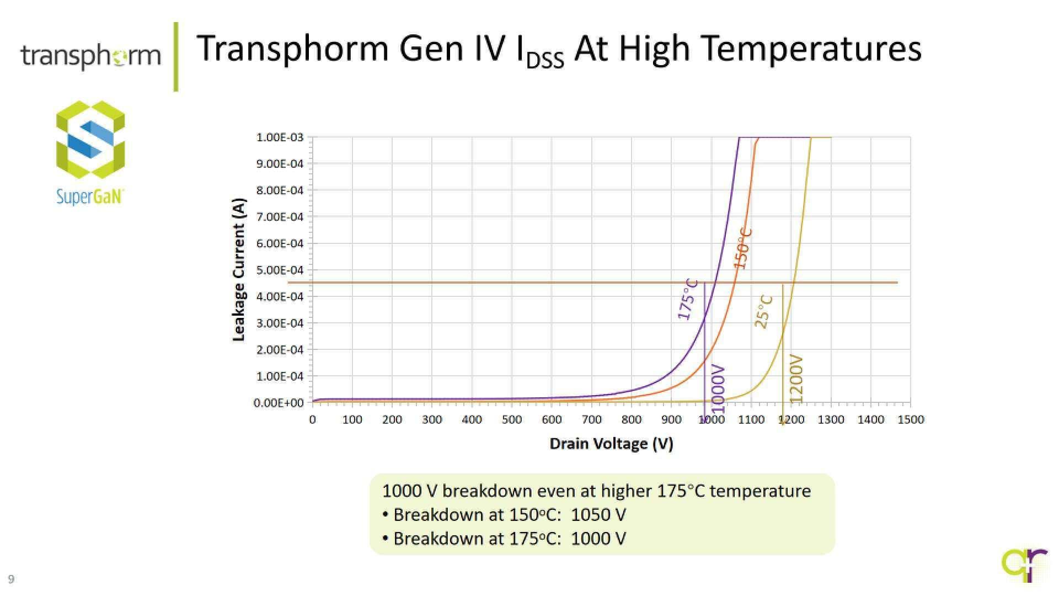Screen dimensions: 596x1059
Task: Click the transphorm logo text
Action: (90, 56)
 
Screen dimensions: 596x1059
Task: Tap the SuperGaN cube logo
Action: (90, 139)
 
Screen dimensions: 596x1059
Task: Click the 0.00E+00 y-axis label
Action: (279, 403)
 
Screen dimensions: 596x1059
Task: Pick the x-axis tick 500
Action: (511, 419)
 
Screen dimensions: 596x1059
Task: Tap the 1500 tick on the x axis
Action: (911, 419)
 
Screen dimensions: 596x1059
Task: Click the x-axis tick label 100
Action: (352, 419)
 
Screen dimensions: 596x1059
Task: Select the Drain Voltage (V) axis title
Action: (611, 444)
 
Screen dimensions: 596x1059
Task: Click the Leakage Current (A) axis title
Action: (239, 269)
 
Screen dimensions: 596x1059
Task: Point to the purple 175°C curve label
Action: (687, 300)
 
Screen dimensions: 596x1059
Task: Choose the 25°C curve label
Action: (763, 312)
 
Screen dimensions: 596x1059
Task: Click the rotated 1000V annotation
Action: (718, 388)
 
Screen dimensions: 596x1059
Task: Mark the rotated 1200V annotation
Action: (796, 378)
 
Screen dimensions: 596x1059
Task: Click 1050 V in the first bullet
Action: (598, 515)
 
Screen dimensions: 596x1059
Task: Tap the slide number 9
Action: (11, 579)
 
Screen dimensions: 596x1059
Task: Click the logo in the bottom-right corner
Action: (1025, 564)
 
